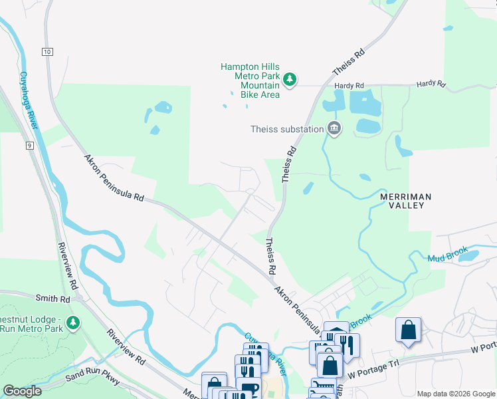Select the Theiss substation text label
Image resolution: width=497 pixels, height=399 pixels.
coord(286,129)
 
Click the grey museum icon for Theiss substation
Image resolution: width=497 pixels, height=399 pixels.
coord(334,128)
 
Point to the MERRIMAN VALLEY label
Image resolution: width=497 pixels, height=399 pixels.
coord(405,201)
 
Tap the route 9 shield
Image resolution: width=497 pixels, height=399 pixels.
coord(30,144)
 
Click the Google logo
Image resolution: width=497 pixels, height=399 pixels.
coord(22,391)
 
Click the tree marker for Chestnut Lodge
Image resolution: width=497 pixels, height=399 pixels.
coord(72,323)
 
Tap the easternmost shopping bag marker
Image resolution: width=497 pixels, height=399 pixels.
coord(407,331)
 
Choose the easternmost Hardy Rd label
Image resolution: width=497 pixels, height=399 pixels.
coord(431,84)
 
